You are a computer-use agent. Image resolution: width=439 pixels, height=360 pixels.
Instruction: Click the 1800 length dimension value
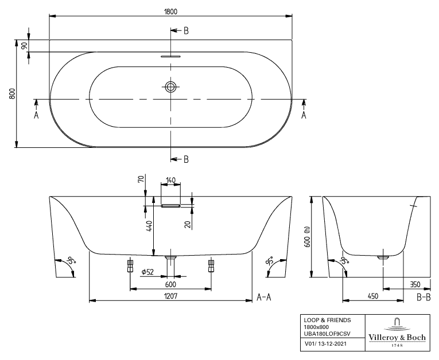pos(170,11)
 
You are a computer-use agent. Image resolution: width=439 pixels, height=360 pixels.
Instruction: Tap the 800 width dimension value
pos(12,93)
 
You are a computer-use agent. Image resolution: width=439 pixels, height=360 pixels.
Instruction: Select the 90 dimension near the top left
pos(24,46)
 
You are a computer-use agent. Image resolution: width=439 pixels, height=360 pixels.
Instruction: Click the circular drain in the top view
pos(170,87)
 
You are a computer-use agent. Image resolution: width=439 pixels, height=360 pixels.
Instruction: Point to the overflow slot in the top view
pos(170,56)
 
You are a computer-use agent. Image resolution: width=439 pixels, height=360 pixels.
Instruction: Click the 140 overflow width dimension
pos(170,181)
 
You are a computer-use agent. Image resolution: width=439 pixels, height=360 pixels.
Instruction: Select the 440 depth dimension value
pos(150,226)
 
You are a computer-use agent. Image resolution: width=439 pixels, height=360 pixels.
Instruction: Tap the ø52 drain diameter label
pos(147,272)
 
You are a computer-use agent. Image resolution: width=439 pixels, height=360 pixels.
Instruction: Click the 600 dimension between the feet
pos(170,284)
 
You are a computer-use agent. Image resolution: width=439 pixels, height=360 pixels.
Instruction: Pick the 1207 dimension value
pos(170,296)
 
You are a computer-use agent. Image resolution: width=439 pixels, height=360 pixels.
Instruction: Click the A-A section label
pos(264,297)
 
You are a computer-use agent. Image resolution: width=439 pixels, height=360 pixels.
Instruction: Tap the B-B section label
pos(424,297)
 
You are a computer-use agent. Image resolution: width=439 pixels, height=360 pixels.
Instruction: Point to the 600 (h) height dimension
pos(307,237)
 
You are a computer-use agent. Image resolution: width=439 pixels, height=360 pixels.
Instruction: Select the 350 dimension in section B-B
pos(415,284)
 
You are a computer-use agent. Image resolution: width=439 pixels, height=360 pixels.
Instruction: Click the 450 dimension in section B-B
pos(373,296)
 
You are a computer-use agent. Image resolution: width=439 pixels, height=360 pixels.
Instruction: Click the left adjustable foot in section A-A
pos(130,266)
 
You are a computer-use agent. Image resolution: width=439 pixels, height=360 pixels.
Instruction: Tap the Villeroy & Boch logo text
pos(397,337)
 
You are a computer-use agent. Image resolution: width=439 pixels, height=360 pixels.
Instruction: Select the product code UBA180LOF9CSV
pos(327,334)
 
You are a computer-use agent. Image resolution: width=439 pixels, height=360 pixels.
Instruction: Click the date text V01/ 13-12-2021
pos(325,343)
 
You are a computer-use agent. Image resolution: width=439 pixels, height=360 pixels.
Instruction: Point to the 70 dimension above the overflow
pos(141,178)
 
